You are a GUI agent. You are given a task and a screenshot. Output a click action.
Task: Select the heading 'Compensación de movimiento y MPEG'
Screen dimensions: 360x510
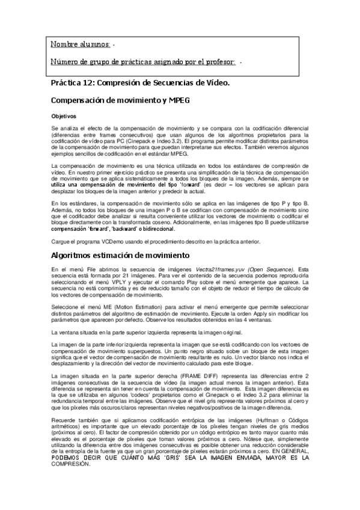(x=120, y=100)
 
